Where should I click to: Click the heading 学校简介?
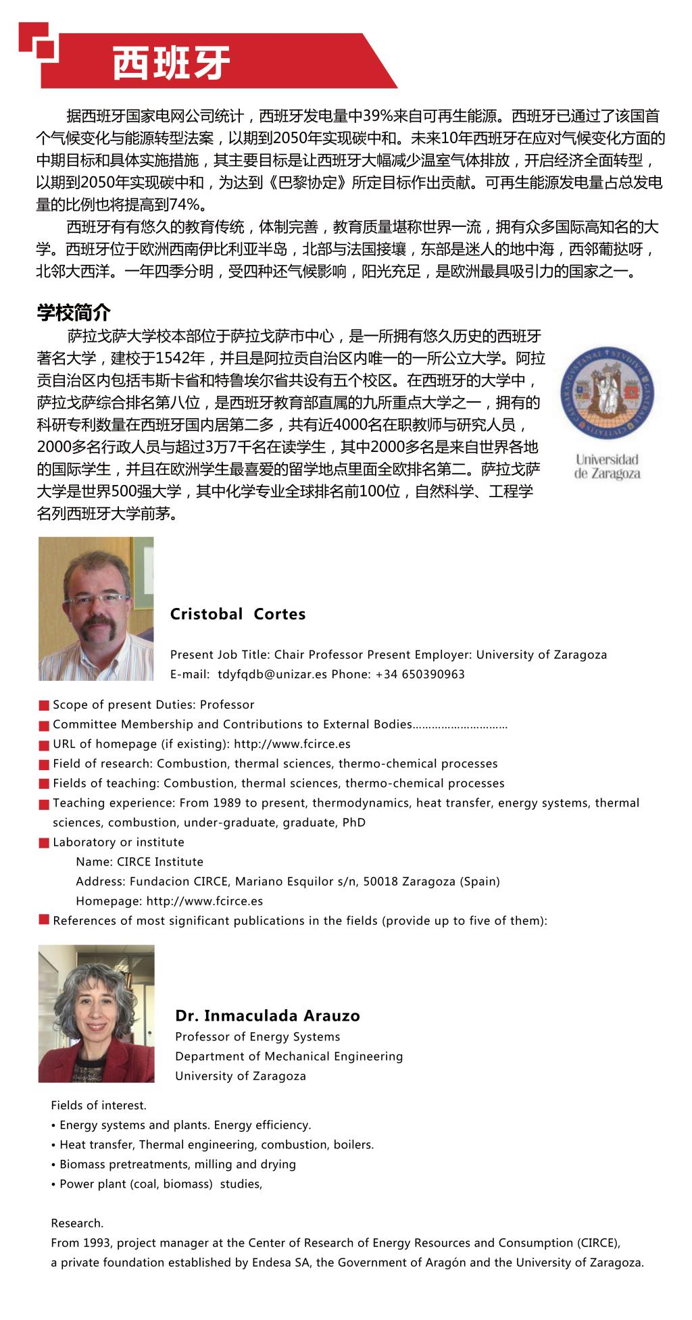point(73,313)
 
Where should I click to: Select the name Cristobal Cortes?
point(238,614)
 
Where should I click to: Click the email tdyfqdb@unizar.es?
point(272,674)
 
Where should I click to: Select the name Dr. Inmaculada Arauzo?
point(267,1015)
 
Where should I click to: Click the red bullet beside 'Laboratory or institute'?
point(44,843)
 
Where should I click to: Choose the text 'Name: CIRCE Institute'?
point(139,862)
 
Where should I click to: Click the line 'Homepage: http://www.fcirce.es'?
point(169,901)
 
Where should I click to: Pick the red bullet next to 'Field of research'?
point(44,765)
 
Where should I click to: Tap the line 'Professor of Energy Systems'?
point(257,1037)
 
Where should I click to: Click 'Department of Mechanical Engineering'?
point(289,1057)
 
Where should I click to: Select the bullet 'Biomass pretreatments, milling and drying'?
point(177,1164)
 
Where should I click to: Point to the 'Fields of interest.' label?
point(99,1105)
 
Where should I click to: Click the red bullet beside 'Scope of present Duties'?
point(44,706)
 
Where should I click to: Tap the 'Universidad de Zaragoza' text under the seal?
point(607,467)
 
